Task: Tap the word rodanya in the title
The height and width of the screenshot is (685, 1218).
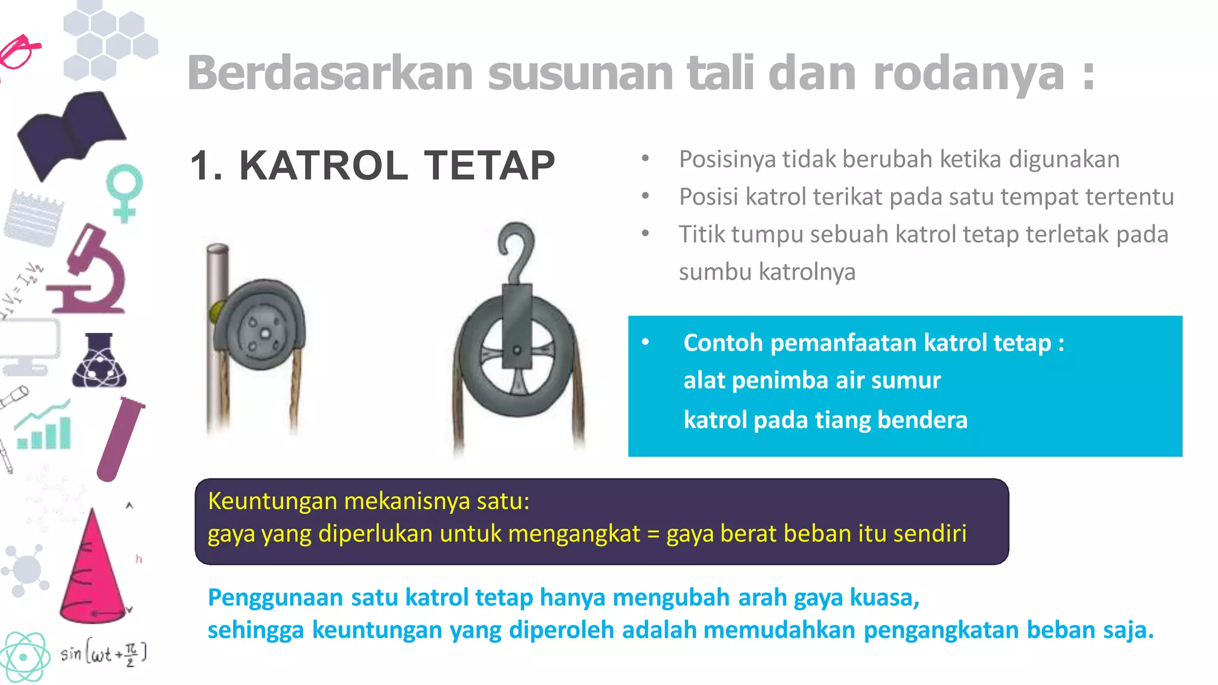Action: pyautogui.click(x=968, y=74)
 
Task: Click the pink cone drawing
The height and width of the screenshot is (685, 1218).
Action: pyautogui.click(x=92, y=571)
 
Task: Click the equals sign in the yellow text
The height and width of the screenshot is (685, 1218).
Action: pyautogui.click(x=653, y=534)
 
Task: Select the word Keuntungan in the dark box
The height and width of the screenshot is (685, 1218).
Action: pyautogui.click(x=272, y=501)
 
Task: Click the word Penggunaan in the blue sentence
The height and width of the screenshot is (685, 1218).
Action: pyautogui.click(x=275, y=598)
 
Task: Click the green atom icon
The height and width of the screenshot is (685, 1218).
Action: pyautogui.click(x=24, y=657)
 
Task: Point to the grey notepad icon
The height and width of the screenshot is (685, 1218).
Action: pyautogui.click(x=34, y=218)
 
